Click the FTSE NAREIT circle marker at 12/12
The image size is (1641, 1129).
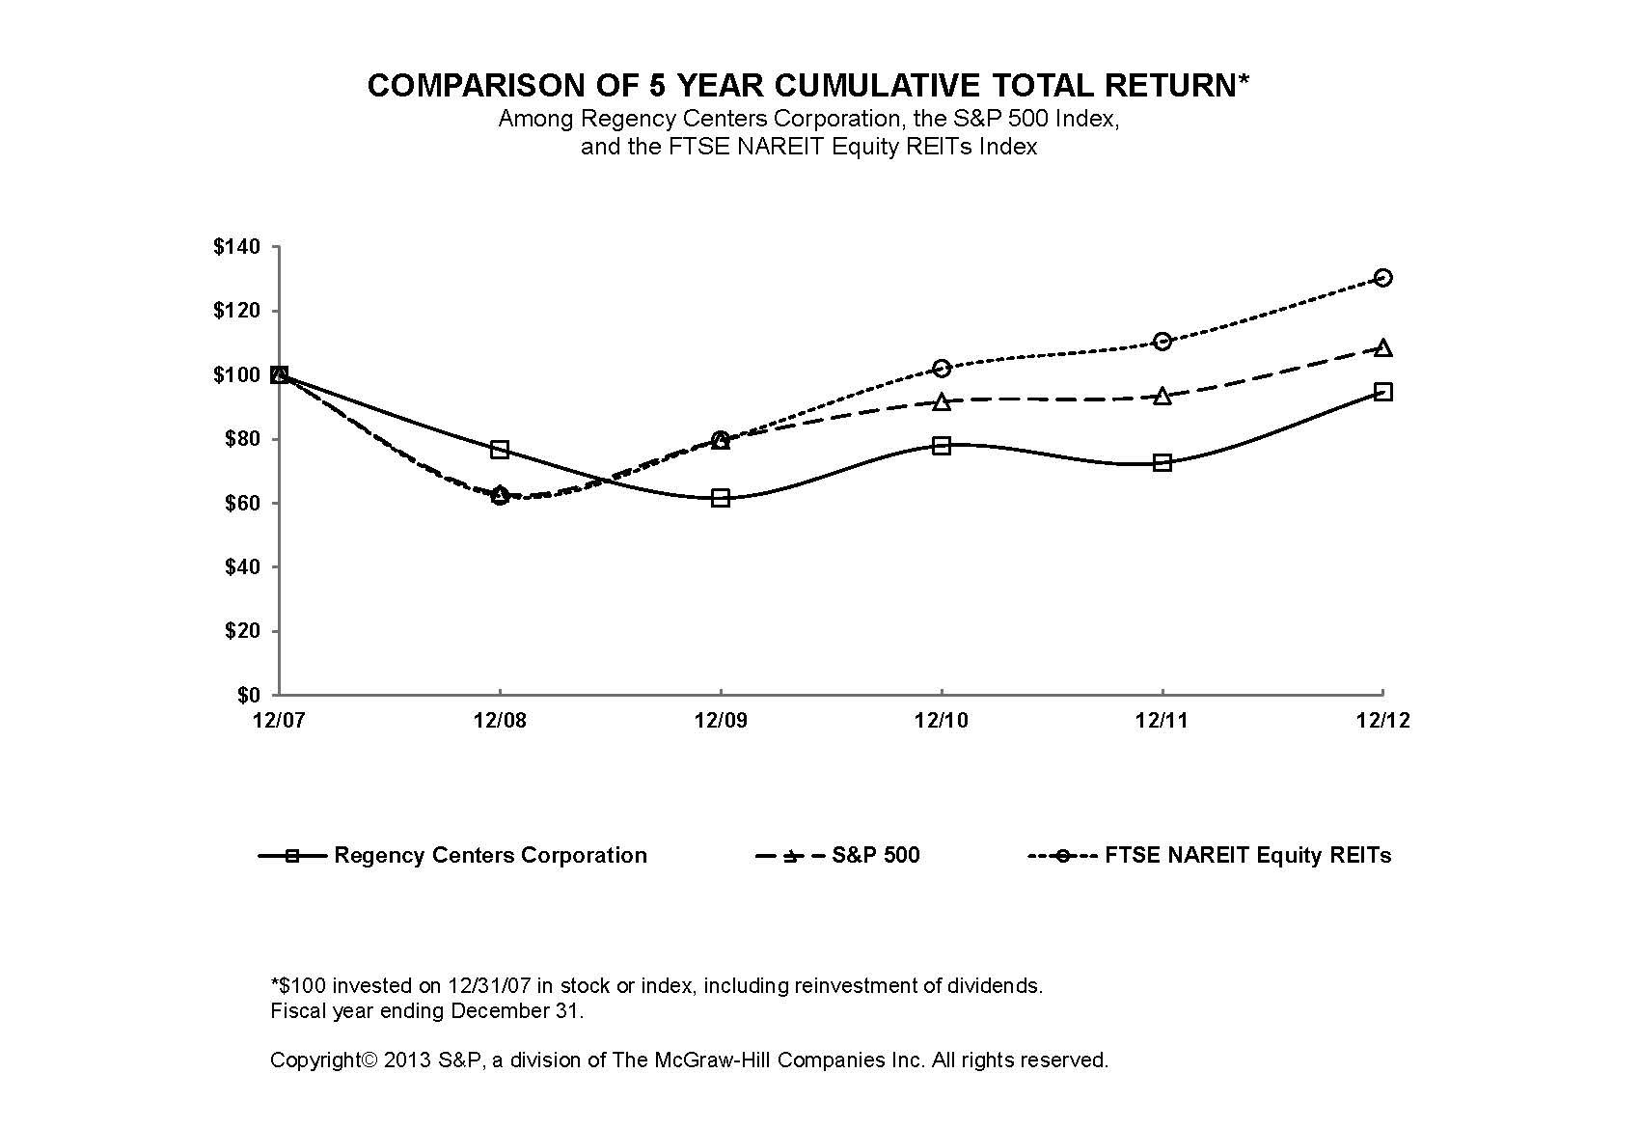click(x=1382, y=278)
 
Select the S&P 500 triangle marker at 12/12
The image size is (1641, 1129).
click(x=1382, y=347)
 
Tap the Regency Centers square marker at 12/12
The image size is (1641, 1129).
click(x=1382, y=392)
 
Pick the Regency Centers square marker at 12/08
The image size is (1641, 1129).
click(x=500, y=450)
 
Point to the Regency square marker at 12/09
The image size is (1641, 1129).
click(x=721, y=498)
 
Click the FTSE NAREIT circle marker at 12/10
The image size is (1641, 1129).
click(x=942, y=369)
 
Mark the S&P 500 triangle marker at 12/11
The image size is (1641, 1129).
click(x=1162, y=396)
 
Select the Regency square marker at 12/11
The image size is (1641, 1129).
click(x=1162, y=463)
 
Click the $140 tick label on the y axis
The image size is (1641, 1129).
click(x=236, y=247)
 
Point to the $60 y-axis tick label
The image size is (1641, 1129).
click(x=242, y=503)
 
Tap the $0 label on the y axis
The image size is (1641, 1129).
click(x=249, y=695)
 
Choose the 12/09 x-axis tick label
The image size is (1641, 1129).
click(x=720, y=722)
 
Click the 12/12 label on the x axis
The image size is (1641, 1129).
click(x=1382, y=722)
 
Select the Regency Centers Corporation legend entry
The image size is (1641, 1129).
click(x=453, y=856)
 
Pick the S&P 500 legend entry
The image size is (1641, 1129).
click(x=839, y=856)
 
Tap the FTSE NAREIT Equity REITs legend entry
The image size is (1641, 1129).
click(x=1211, y=856)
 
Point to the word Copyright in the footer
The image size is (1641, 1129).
click(x=314, y=1060)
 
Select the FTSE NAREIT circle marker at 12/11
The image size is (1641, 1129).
click(x=1162, y=342)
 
